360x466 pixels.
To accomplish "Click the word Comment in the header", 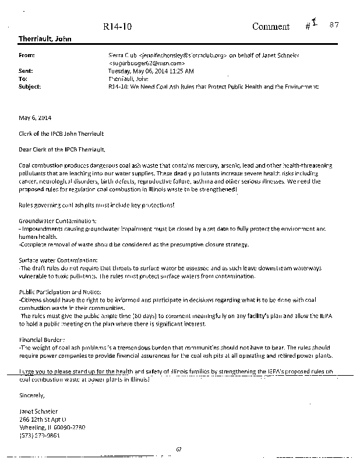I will point(270,26).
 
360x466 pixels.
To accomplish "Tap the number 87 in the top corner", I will point(334,24).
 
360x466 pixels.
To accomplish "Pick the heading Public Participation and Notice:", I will point(61,291).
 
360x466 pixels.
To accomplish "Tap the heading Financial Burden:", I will point(42,338).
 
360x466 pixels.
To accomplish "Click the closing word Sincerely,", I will point(31,394).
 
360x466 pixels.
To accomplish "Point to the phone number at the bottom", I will point(39,435).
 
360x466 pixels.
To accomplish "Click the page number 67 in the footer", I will point(179,449).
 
